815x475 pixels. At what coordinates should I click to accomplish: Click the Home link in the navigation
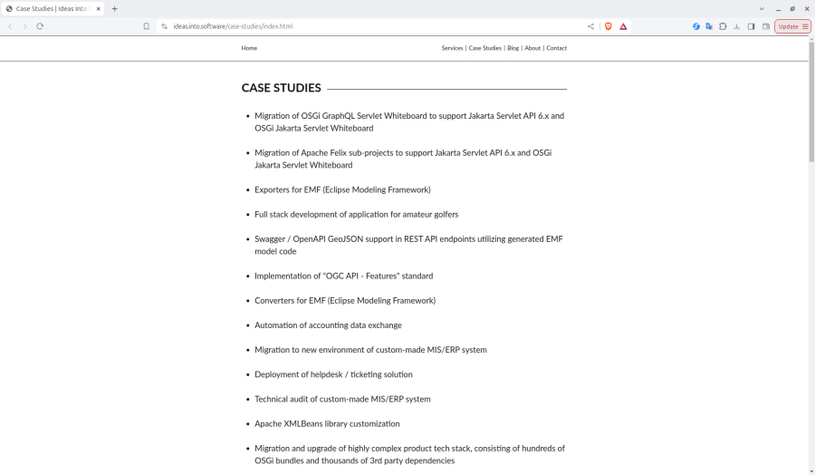pyautogui.click(x=249, y=48)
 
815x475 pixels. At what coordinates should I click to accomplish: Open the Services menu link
pyautogui.click(x=452, y=48)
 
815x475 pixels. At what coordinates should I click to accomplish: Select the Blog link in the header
pyautogui.click(x=513, y=48)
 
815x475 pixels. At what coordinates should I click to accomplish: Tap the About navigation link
pyautogui.click(x=532, y=48)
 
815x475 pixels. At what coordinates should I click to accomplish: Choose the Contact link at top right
pyautogui.click(x=556, y=48)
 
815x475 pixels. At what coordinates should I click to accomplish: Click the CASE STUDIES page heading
pyautogui.click(x=281, y=88)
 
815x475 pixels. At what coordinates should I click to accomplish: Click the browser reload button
pyautogui.click(x=40, y=26)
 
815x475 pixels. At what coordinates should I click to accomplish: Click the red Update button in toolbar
pyautogui.click(x=792, y=26)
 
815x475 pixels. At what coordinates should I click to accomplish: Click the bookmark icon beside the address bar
pyautogui.click(x=146, y=26)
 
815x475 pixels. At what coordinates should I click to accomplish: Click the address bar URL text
pyautogui.click(x=233, y=26)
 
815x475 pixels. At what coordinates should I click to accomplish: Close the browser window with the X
pyautogui.click(x=807, y=8)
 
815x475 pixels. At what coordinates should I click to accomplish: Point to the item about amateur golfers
pyautogui.click(x=356, y=215)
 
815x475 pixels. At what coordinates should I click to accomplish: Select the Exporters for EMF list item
pyautogui.click(x=342, y=190)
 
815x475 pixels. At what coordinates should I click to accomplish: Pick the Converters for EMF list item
pyautogui.click(x=344, y=301)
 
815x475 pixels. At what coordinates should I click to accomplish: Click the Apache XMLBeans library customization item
pyautogui.click(x=327, y=424)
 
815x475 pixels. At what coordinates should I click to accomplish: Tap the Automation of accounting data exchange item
pyautogui.click(x=328, y=325)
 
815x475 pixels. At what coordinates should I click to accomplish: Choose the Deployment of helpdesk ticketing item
pyautogui.click(x=333, y=374)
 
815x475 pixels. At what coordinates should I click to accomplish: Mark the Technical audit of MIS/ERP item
pyautogui.click(x=342, y=400)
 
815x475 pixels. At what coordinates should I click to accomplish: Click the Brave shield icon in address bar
pyautogui.click(x=609, y=26)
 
